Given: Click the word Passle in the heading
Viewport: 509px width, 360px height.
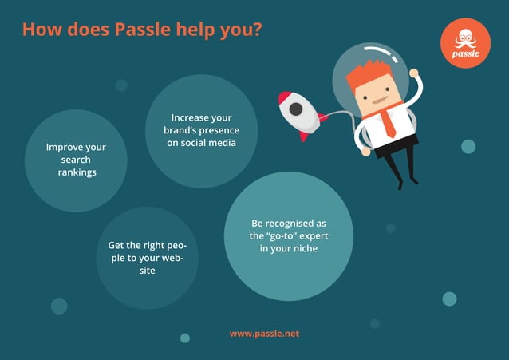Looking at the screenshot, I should pyautogui.click(x=141, y=30).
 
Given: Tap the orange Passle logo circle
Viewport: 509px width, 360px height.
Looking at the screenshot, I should pyautogui.click(x=465, y=42).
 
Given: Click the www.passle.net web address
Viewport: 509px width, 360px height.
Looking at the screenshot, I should pyautogui.click(x=264, y=333).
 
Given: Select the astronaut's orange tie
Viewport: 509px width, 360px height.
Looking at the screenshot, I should pyautogui.click(x=387, y=121).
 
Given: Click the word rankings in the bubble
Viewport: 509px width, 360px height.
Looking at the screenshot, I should pyautogui.click(x=77, y=172).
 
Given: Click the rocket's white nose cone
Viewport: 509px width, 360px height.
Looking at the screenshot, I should pyautogui.click(x=282, y=98).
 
